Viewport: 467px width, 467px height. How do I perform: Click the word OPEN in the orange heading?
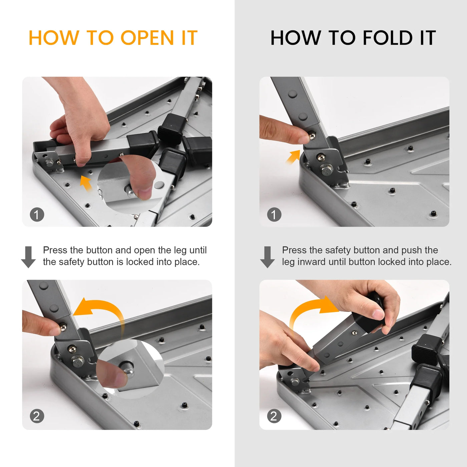pyautogui.click(x=147, y=38)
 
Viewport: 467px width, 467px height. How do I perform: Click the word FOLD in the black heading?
pyautogui.click(x=388, y=38)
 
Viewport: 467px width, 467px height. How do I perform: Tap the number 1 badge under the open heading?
pyautogui.click(x=37, y=214)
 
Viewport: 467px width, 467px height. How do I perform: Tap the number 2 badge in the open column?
pyautogui.click(x=37, y=416)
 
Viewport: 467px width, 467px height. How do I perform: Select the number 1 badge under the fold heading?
pyautogui.click(x=274, y=214)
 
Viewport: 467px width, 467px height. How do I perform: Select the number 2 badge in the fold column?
pyautogui.click(x=274, y=416)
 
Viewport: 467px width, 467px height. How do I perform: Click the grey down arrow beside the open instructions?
pyautogui.click(x=28, y=257)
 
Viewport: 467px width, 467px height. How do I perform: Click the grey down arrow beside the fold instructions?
pyautogui.click(x=267, y=257)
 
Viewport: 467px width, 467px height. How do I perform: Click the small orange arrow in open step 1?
pyautogui.click(x=86, y=183)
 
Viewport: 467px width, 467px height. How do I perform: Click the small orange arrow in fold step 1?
pyautogui.click(x=293, y=156)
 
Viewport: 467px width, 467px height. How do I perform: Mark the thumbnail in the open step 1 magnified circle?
pyautogui.click(x=145, y=193)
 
